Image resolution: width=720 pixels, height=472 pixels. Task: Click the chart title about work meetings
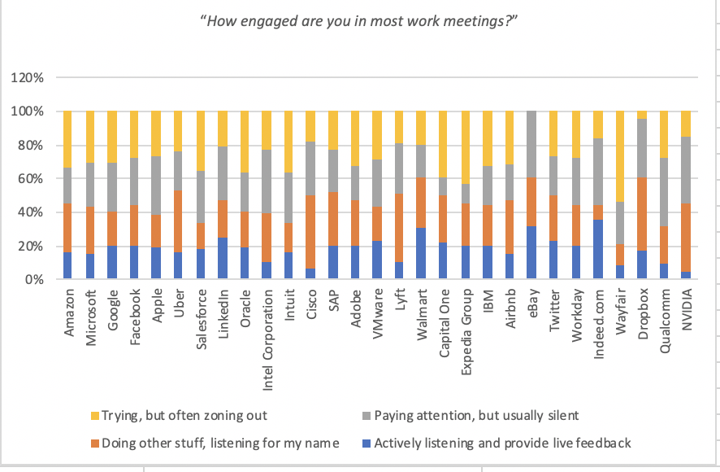coord(359,21)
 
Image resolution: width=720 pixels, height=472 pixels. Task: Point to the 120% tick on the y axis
coord(27,77)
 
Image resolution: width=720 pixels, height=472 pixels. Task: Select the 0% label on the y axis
coord(34,280)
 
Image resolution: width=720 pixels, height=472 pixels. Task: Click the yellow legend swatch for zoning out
coord(95,416)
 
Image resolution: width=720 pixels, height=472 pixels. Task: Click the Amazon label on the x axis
coord(68,312)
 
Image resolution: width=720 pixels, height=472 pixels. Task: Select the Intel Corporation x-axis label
coord(267,340)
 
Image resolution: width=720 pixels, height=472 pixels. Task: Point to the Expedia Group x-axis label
coord(466,332)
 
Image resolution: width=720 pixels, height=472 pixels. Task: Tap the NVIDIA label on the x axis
coord(687,309)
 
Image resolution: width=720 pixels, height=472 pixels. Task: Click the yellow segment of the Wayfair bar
coord(620,156)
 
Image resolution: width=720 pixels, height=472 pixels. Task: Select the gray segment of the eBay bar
coord(531,144)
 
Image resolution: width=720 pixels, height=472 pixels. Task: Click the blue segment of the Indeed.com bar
coord(598,249)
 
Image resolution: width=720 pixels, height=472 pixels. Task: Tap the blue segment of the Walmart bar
coord(421,253)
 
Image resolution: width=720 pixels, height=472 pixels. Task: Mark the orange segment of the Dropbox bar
coord(642,214)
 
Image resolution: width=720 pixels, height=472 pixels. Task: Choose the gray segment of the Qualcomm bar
coord(664,192)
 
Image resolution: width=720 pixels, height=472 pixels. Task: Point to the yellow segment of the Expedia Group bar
coord(466,147)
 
